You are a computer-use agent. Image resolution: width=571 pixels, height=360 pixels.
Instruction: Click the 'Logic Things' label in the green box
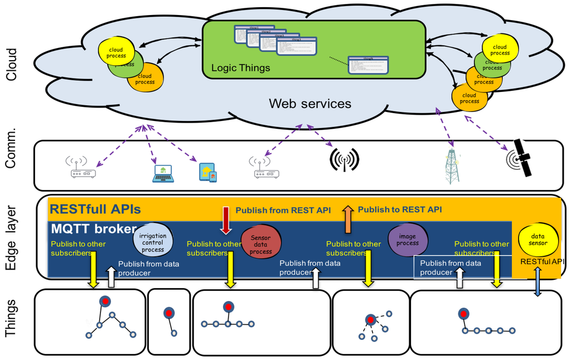click(x=240, y=68)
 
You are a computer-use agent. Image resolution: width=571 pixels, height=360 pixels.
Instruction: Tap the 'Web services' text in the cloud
click(x=310, y=103)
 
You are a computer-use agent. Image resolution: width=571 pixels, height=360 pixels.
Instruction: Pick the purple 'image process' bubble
click(x=408, y=240)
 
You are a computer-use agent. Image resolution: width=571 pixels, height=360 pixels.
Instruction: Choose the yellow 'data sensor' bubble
click(x=538, y=240)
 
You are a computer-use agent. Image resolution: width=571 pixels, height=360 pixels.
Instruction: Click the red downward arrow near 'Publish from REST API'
click(x=225, y=220)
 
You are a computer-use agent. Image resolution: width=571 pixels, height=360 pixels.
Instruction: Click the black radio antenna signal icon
click(x=344, y=159)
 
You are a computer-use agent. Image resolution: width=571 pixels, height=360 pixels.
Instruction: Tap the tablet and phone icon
click(x=207, y=172)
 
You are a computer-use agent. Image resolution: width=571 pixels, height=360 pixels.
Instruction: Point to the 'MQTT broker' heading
click(x=94, y=229)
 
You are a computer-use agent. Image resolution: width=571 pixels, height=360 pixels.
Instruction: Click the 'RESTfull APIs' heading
click(x=95, y=210)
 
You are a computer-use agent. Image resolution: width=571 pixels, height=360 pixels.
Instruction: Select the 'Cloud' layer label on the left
click(x=12, y=64)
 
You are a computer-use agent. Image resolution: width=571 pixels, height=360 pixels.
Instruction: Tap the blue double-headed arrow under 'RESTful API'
click(x=538, y=282)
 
